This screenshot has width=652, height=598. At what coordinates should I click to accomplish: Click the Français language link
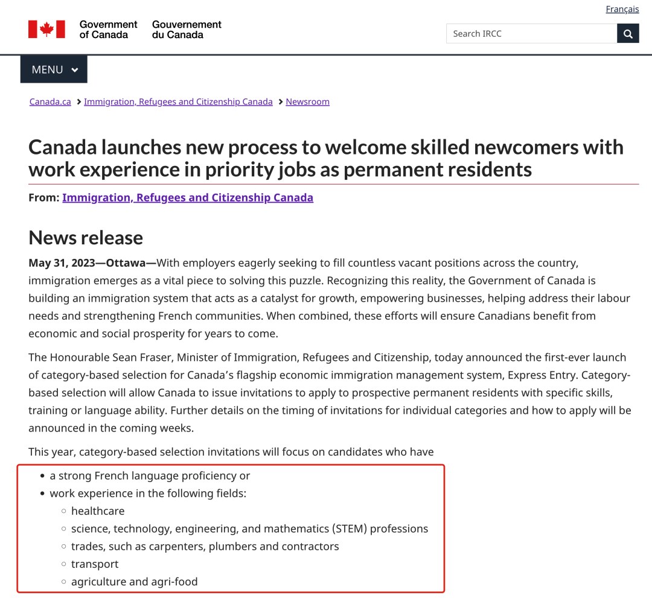[622, 9]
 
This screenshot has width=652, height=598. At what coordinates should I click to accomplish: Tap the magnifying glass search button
[628, 34]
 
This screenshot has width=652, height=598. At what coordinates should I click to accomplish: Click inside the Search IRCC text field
[531, 34]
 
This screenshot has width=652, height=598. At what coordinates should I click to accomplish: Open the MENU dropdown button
[54, 69]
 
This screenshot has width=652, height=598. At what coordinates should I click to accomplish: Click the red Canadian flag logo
[46, 29]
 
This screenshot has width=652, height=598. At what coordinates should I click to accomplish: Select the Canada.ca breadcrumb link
[50, 101]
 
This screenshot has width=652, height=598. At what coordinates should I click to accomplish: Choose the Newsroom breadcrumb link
[307, 101]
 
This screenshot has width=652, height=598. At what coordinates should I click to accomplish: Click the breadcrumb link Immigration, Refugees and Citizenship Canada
[178, 101]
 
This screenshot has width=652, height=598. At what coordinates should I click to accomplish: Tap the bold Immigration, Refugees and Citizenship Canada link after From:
[188, 197]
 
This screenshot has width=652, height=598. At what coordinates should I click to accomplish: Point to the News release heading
[86, 237]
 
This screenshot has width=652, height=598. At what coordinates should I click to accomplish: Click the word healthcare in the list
[98, 511]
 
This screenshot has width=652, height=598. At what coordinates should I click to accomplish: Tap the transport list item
[95, 564]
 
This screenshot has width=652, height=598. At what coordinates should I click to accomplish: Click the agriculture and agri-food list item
[134, 582]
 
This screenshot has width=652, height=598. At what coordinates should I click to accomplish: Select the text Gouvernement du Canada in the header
[187, 30]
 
